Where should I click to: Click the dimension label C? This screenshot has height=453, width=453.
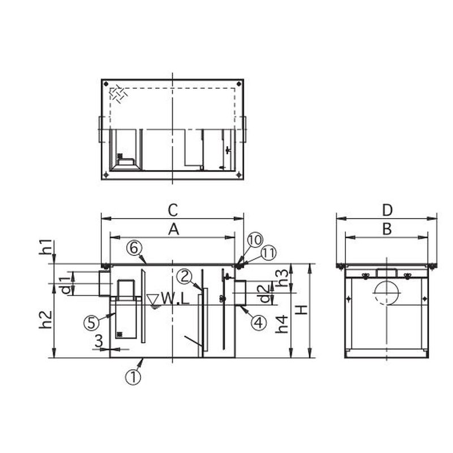tap(173, 210)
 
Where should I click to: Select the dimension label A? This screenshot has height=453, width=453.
tap(173, 230)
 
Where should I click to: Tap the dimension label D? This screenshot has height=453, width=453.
tap(387, 210)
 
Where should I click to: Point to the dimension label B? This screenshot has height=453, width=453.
tap(387, 229)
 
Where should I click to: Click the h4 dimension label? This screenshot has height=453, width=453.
tap(281, 324)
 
